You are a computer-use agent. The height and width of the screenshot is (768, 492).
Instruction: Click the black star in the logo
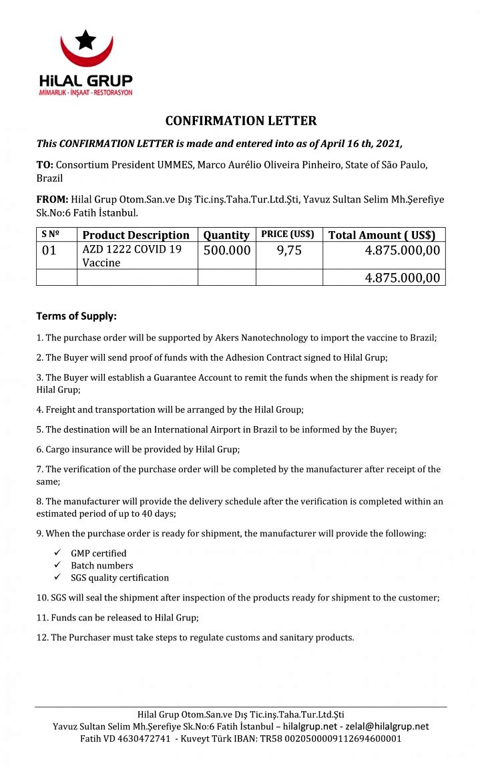click(x=85, y=40)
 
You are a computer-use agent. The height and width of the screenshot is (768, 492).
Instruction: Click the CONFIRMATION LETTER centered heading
click(x=241, y=121)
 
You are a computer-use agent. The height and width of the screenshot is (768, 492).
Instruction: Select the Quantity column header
click(x=226, y=235)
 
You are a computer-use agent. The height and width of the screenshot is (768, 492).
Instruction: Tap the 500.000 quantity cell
click(x=226, y=250)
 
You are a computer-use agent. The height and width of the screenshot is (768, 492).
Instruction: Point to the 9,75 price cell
click(x=288, y=250)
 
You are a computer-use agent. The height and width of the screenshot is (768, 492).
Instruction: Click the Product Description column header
click(x=136, y=235)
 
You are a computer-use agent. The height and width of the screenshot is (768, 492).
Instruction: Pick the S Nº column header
click(x=51, y=234)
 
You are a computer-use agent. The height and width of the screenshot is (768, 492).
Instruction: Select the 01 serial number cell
click(x=49, y=250)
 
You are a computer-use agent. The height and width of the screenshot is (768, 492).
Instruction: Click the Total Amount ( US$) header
click(x=382, y=235)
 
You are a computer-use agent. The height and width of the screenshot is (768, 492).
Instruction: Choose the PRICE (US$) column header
click(x=288, y=234)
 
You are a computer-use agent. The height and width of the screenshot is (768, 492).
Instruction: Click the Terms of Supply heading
click(x=76, y=316)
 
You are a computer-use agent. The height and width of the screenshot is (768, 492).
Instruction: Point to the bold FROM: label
click(x=52, y=199)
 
